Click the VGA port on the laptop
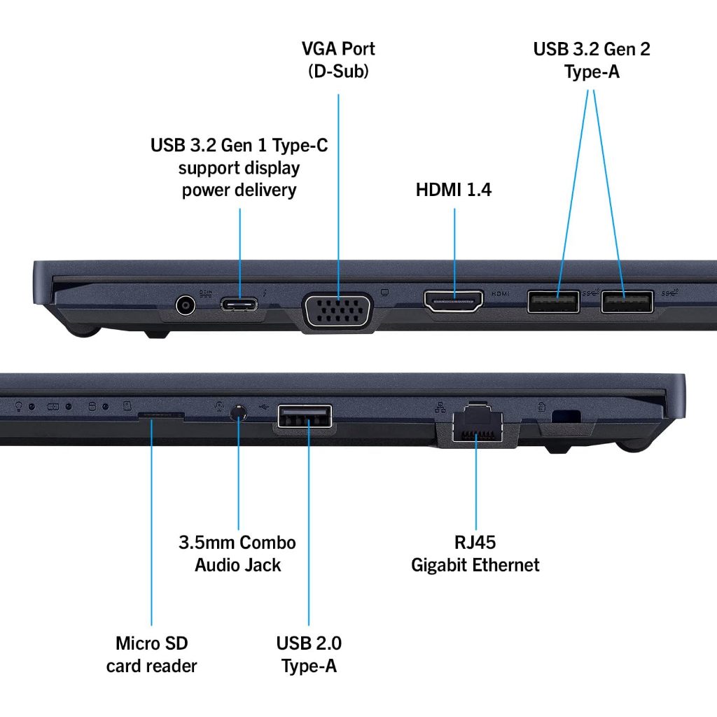pyautogui.click(x=337, y=309)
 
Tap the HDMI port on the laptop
pyautogui.click(x=454, y=300)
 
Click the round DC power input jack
pyautogui.click(x=185, y=305)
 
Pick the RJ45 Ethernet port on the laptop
pyautogui.click(x=476, y=424)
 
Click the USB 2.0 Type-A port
pyautogui.click(x=305, y=417)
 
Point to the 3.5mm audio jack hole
pyautogui.click(x=239, y=412)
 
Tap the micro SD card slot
pyautogui.click(x=160, y=415)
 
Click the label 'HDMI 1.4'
pyautogui.click(x=454, y=190)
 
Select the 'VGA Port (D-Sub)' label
pyautogui.click(x=338, y=60)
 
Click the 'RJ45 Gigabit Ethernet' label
pyautogui.click(x=475, y=554)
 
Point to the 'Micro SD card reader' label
pyautogui.click(x=152, y=654)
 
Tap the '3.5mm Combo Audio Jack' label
pyautogui.click(x=237, y=553)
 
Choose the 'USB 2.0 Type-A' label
pyautogui.click(x=309, y=654)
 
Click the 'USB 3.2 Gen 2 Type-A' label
pyautogui.click(x=592, y=60)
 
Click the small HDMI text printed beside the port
pyautogui.click(x=500, y=294)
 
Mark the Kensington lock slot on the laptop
pyautogui.click(x=566, y=415)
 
